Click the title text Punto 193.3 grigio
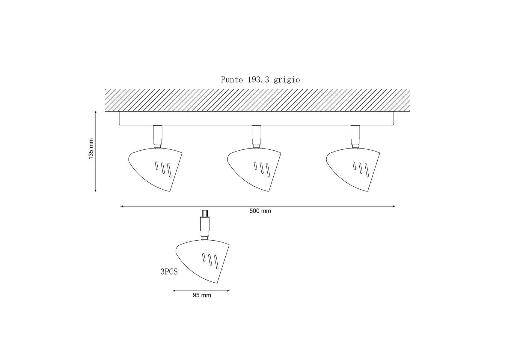pyautogui.click(x=260, y=79)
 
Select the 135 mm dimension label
pyautogui.click(x=91, y=149)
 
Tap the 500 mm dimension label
pyautogui.click(x=260, y=211)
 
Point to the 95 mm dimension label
pyautogui.click(x=202, y=295)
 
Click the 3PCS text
pyautogui.click(x=169, y=272)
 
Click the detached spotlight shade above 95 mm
pyautogui.click(x=202, y=261)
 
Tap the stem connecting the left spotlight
pyautogui.click(x=158, y=136)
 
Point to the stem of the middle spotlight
pyautogui.click(x=257, y=136)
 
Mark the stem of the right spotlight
pyautogui.click(x=355, y=136)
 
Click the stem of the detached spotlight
pyautogui.click(x=205, y=225)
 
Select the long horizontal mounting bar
pyautogui.click(x=257, y=118)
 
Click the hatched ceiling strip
pyautogui.click(x=257, y=100)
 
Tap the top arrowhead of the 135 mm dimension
pyautogui.click(x=96, y=112)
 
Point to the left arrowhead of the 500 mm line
pyautogui.click(x=122, y=206)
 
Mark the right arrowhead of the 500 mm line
pyautogui.click(x=394, y=206)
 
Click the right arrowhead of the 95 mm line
pyautogui.click(x=228, y=291)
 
